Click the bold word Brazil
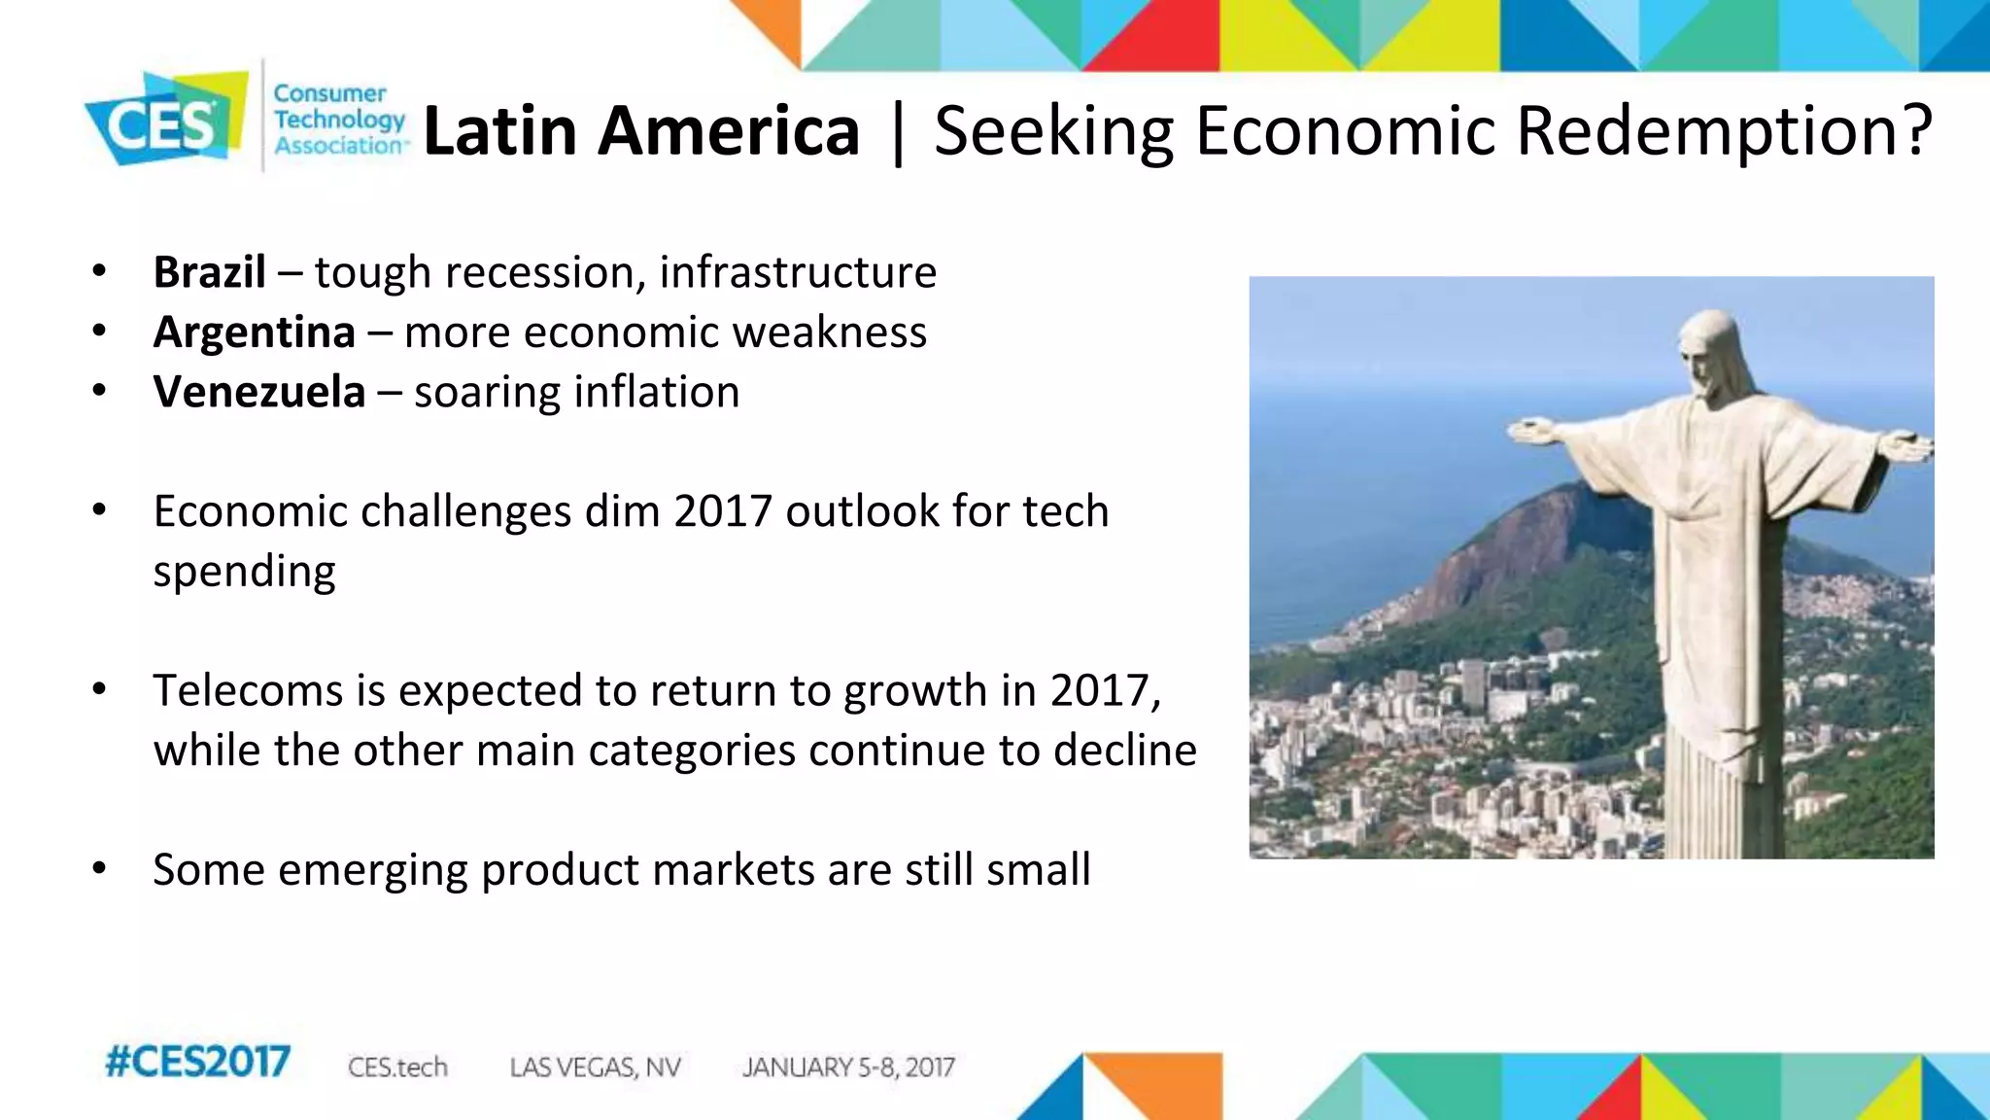coord(209,272)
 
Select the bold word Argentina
coord(255,332)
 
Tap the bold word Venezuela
coord(259,393)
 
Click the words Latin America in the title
coord(641,131)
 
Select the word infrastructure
coord(798,272)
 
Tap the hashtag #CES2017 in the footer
coord(197,1062)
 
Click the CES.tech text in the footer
coord(397,1067)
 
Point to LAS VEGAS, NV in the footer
coord(595,1067)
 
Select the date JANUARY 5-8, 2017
coord(848,1067)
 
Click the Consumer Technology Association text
coord(338,120)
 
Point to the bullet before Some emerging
coord(99,868)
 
